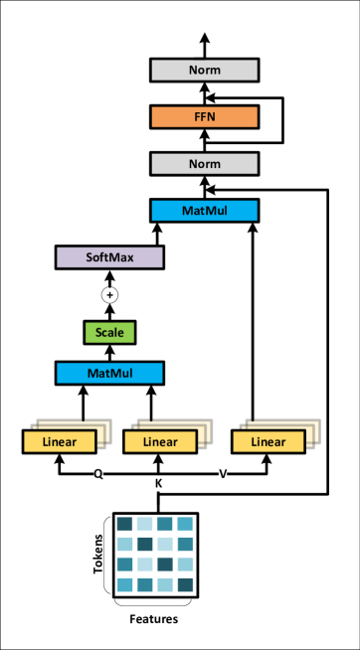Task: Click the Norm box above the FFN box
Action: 204,70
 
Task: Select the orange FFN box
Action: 204,117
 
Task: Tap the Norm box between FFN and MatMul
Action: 204,164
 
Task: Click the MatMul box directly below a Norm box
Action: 204,211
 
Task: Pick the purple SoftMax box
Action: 109,257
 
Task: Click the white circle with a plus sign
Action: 109,295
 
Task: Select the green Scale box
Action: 109,333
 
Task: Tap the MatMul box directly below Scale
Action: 109,374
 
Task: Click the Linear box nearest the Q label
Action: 60,442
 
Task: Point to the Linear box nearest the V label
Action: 269,442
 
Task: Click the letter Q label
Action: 98,474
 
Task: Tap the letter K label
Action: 158,484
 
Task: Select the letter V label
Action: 223,474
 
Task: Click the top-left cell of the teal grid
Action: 124,524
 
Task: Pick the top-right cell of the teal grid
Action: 185,524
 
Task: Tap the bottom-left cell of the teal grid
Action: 124,584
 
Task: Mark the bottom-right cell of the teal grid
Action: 185,584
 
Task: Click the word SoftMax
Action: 109,257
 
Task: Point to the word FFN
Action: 204,117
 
